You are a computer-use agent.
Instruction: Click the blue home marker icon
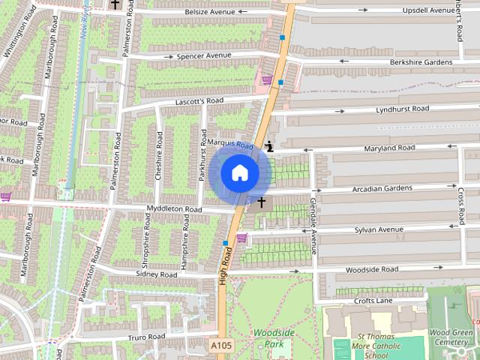(x=240, y=173)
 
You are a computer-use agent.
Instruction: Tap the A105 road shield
(x=220, y=345)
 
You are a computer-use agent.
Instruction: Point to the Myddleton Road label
(x=174, y=209)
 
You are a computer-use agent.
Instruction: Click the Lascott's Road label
(x=199, y=100)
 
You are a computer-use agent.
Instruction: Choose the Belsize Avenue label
(x=214, y=13)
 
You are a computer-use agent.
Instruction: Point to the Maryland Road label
(x=389, y=148)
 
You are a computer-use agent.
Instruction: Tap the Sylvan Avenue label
(x=379, y=229)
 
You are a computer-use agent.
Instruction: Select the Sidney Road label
(x=157, y=275)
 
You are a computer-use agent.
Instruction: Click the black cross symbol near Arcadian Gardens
(x=262, y=202)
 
